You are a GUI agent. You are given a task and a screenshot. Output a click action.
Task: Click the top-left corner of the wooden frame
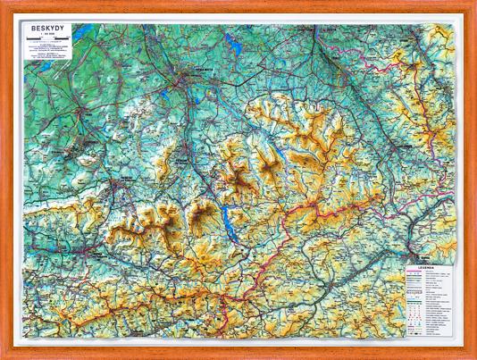pos(4,4)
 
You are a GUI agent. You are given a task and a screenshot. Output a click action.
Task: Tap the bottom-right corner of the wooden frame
pos(473,356)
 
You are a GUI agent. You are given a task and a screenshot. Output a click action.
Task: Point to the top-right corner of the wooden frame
pos(473,4)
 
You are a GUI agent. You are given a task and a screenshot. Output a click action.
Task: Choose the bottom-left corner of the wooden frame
pos(4,356)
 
